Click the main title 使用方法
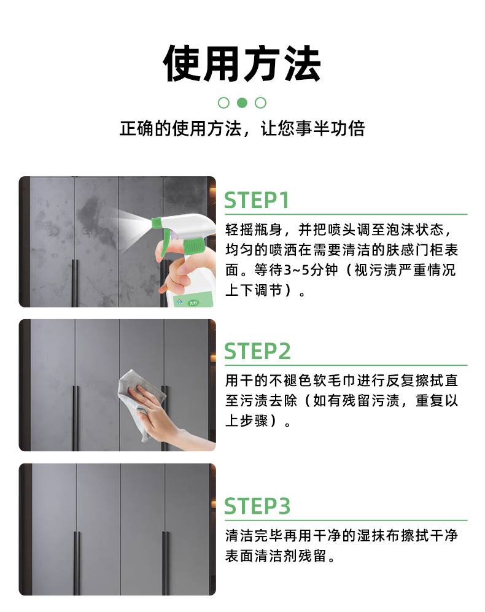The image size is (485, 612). (242, 64)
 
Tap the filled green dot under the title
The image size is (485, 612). (242, 103)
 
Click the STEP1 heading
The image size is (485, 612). (257, 200)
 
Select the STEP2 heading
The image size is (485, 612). (257, 351)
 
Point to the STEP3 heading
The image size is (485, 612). (257, 506)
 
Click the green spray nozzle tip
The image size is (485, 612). (155, 222)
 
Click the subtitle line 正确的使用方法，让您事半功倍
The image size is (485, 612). (242, 128)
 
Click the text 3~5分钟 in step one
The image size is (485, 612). (311, 269)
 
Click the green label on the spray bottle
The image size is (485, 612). (193, 301)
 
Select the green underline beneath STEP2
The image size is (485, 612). (346, 366)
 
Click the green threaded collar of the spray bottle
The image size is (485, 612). (193, 247)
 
